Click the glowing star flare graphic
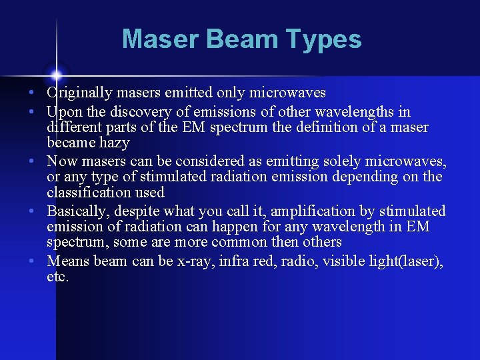57,75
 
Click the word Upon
63,112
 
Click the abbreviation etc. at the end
57,276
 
